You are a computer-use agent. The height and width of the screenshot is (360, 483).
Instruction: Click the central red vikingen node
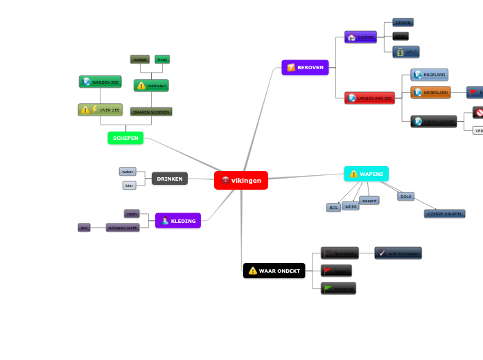click(241, 180)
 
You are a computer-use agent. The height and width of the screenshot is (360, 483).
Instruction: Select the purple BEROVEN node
click(305, 67)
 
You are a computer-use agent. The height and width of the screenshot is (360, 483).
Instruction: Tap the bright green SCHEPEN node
click(125, 138)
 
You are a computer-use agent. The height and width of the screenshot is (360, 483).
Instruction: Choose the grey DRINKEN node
click(170, 179)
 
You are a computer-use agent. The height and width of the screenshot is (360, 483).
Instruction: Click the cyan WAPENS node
click(366, 174)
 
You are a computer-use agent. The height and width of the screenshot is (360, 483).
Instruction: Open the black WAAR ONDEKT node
click(274, 271)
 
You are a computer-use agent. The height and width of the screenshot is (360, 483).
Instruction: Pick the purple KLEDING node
click(178, 221)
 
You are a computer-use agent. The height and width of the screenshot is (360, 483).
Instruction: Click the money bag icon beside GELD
click(400, 52)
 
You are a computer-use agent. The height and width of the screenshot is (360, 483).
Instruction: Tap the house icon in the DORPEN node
click(351, 37)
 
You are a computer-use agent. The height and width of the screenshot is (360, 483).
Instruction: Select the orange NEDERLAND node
click(430, 92)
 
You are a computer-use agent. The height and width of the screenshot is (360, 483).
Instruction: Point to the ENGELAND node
click(430, 75)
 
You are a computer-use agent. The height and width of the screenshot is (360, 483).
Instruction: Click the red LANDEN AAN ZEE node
click(369, 98)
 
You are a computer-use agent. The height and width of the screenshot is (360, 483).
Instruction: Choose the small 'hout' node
click(162, 60)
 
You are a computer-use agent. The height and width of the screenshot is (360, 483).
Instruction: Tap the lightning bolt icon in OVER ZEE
click(94, 109)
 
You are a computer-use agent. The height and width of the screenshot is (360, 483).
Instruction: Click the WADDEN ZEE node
click(100, 82)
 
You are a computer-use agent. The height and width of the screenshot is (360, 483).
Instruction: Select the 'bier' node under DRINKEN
click(130, 186)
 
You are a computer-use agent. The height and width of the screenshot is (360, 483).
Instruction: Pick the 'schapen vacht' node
click(123, 227)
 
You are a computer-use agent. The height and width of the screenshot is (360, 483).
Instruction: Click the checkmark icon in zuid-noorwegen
click(382, 253)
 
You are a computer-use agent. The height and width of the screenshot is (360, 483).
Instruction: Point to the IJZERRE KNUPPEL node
click(444, 214)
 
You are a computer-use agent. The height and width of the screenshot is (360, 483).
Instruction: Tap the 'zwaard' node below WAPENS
click(369, 200)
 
